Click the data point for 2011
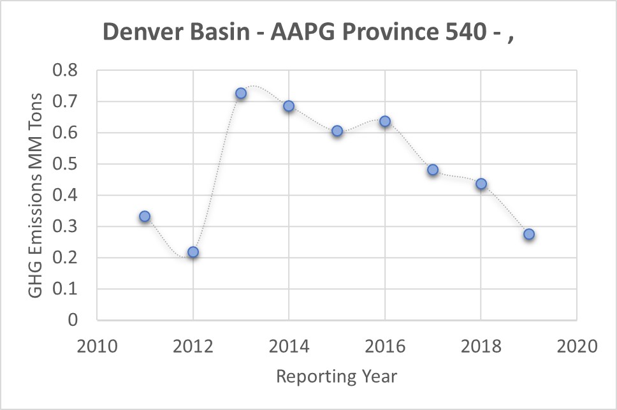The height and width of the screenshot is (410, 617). click(x=145, y=217)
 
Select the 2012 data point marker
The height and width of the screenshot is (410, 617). click(x=193, y=253)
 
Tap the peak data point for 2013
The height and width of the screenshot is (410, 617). click(x=241, y=93)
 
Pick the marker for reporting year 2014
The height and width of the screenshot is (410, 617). click(x=289, y=106)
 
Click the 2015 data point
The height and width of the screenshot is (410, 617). click(x=337, y=131)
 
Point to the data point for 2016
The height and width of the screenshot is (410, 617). click(x=385, y=121)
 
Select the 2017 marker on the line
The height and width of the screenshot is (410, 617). click(x=433, y=170)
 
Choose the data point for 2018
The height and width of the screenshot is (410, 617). click(x=481, y=184)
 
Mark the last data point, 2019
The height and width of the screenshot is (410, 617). click(x=529, y=235)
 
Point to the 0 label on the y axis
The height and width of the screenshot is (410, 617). click(x=71, y=320)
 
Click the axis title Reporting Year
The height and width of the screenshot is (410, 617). click(x=337, y=376)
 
